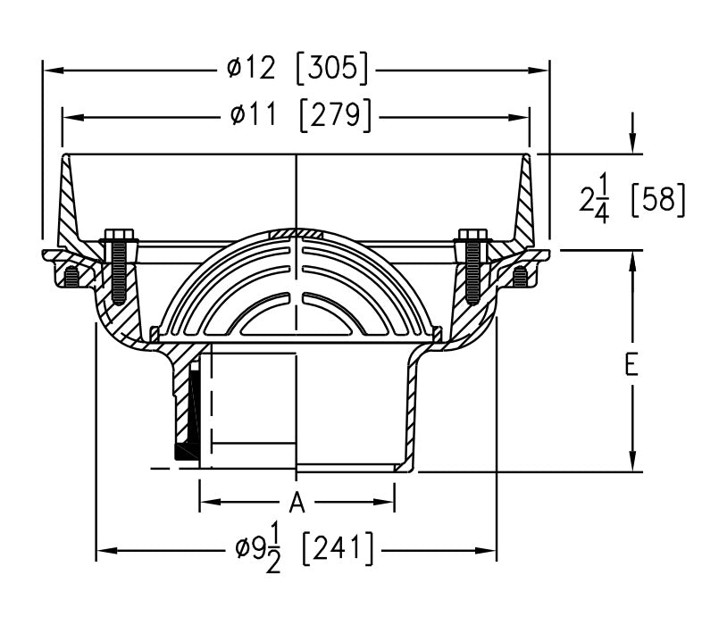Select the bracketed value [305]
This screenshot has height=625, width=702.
pos(331,68)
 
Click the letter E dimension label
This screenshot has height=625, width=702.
pos(632,365)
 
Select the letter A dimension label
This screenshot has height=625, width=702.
pos(297,504)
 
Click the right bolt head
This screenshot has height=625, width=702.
pos(472,237)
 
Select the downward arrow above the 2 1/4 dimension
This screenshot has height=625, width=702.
pos(633,144)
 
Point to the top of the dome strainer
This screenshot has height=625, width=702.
pos(297,229)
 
